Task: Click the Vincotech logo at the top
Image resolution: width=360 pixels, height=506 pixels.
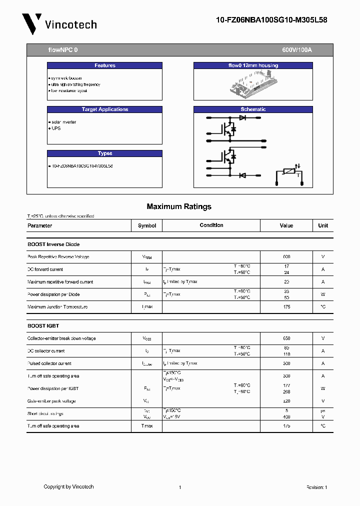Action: point(59,24)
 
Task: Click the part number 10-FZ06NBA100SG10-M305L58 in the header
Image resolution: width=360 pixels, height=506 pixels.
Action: point(271,20)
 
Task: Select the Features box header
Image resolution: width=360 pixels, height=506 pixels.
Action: point(104,65)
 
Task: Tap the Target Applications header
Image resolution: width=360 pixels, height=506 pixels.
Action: point(104,109)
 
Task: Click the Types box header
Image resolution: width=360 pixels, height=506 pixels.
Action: point(104,153)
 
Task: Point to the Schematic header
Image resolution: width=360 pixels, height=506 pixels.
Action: point(253,109)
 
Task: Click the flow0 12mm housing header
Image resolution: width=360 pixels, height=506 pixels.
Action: point(253,65)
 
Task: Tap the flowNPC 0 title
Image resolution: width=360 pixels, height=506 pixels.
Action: point(63,50)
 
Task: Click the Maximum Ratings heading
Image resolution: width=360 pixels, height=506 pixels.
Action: point(179,206)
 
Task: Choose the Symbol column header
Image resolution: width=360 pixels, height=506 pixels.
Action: point(147,225)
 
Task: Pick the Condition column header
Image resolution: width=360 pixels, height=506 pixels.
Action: point(211,225)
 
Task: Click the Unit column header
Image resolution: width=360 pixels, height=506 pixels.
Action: point(323,225)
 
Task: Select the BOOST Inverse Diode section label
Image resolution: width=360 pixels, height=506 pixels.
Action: point(53,244)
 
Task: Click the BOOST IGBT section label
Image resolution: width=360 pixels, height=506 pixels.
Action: point(43,326)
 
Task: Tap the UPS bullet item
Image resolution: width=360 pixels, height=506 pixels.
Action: point(56,128)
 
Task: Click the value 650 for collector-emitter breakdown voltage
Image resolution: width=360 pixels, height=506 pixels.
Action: point(286,338)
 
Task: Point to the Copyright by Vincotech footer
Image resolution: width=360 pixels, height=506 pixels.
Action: point(68,486)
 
